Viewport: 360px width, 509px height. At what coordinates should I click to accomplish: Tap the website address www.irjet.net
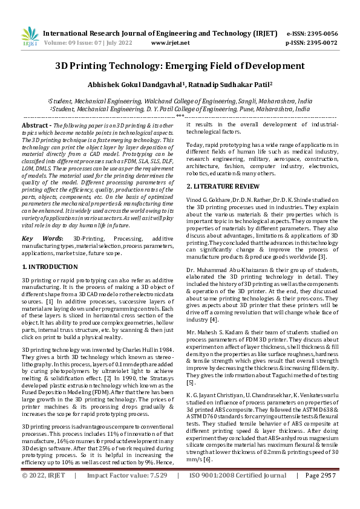168,44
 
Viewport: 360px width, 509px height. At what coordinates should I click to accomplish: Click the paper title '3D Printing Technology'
180,65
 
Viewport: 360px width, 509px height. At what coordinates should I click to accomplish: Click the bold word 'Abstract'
35,124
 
